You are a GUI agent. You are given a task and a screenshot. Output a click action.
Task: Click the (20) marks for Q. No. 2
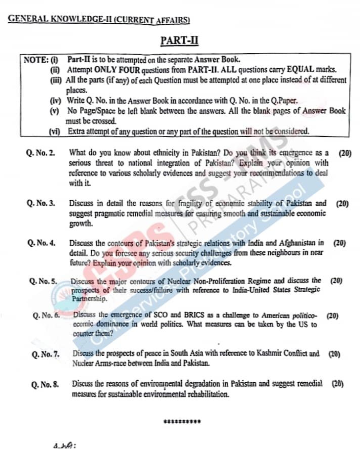[x=345, y=152]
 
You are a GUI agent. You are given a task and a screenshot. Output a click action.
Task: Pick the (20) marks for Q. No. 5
[x=336, y=280]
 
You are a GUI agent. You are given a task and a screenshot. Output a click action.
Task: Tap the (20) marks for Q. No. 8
[x=338, y=384]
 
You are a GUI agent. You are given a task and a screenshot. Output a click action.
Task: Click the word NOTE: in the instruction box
[x=35, y=60]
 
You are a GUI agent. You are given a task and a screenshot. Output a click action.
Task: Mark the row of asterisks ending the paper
[x=183, y=421]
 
